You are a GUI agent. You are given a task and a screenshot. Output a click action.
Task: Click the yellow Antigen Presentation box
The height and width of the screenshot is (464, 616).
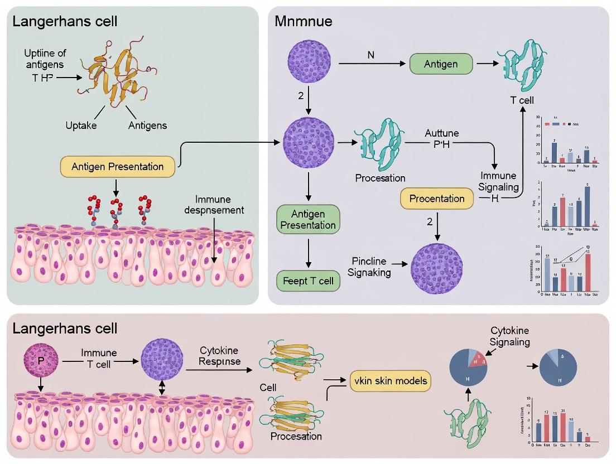tap(117, 166)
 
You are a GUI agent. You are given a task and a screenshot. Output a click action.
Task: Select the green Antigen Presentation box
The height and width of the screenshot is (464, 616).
tap(308, 219)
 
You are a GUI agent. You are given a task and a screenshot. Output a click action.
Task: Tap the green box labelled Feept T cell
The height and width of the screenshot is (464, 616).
tap(308, 281)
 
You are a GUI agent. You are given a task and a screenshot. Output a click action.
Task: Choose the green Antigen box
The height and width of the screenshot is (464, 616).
tap(441, 64)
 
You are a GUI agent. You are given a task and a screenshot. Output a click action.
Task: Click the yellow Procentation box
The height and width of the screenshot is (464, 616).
tap(437, 199)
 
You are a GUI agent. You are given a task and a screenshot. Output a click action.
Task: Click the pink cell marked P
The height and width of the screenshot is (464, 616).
tap(40, 361)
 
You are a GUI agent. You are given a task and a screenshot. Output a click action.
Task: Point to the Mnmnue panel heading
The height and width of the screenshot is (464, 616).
tap(304, 22)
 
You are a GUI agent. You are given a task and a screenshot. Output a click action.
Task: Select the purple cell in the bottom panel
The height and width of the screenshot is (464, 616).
tap(162, 361)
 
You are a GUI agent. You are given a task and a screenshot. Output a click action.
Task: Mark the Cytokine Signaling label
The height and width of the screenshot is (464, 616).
tap(509, 336)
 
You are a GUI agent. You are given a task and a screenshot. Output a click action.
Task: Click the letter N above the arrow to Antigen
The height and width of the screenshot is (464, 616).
tap(370, 55)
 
